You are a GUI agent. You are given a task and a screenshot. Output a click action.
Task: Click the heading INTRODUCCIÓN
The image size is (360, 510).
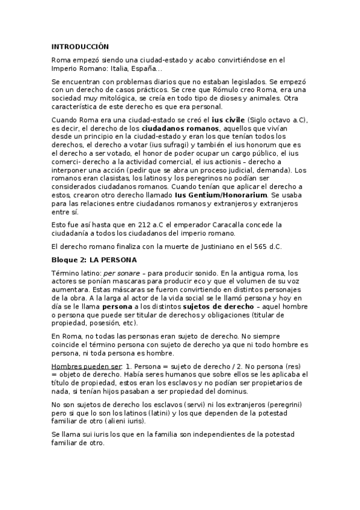pos(80,46)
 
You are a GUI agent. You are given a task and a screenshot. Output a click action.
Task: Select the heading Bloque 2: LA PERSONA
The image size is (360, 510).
pos(94,259)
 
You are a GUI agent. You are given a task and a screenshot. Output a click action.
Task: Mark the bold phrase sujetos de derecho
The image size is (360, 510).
pos(216,306)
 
